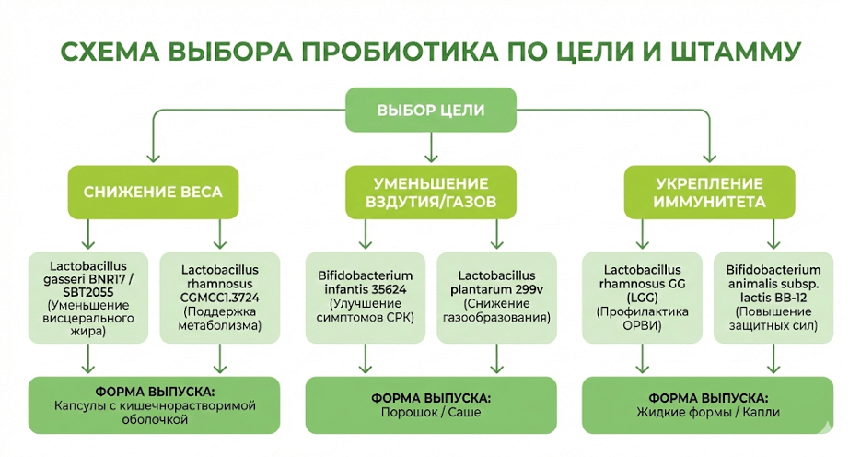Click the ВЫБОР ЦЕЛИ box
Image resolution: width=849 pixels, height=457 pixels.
click(x=430, y=110)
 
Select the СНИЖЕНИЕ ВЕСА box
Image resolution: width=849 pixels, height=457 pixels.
click(x=153, y=193)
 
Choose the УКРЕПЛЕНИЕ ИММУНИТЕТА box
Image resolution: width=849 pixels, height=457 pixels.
click(x=708, y=192)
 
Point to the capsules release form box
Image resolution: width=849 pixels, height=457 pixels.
click(x=153, y=404)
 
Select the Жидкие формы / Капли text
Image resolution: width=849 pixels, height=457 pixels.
click(x=708, y=413)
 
